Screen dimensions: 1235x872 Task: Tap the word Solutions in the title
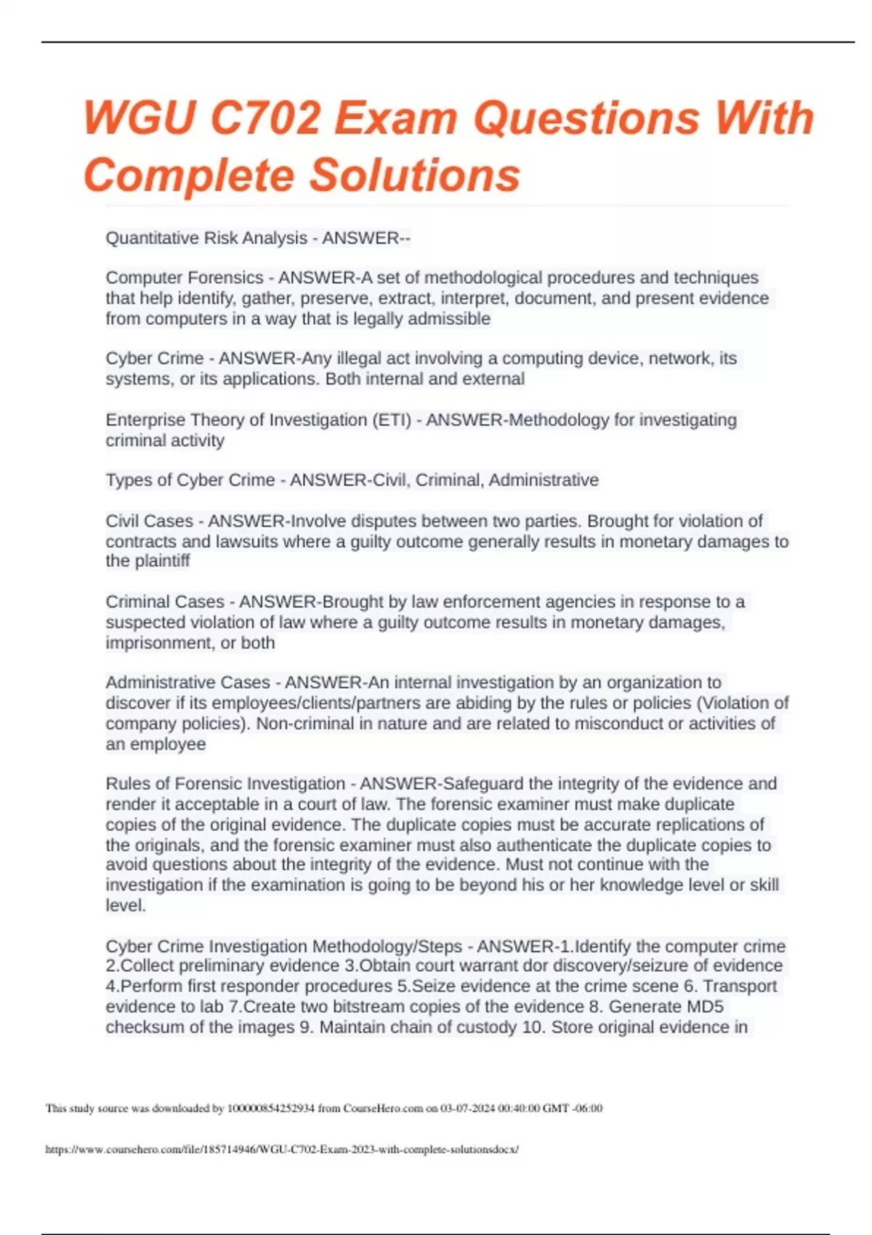tap(415, 175)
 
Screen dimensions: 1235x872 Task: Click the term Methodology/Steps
tap(387, 947)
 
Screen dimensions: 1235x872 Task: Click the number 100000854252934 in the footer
tap(271, 1109)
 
